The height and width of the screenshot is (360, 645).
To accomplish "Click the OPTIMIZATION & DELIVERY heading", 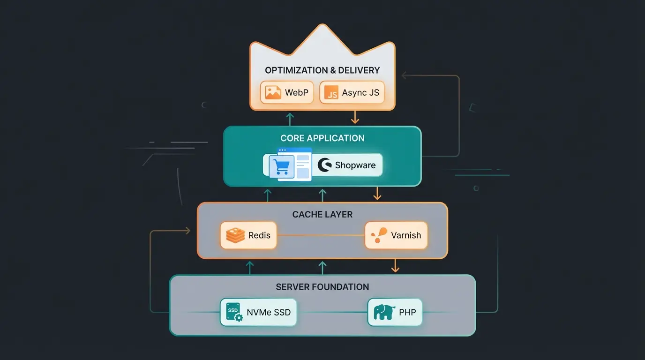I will pos(322,70).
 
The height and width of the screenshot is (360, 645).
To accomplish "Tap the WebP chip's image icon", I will pos(273,92).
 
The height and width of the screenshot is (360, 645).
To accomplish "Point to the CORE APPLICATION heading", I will pos(322,138).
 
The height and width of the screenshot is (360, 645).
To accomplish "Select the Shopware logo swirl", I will pos(324,165).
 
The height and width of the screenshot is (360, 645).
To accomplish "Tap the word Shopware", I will pos(355,165).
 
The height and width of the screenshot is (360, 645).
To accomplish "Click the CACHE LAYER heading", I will pos(322,215).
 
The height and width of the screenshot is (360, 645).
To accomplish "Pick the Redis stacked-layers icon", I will pos(235,235).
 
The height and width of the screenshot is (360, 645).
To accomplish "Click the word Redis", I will pos(259,235).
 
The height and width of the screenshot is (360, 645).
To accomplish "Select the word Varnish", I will pos(406,235).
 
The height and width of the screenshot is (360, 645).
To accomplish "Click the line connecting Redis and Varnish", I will pos(321,235).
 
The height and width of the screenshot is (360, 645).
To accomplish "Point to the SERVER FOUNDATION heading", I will pos(322,287).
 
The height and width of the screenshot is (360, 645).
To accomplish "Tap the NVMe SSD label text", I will pos(269,312).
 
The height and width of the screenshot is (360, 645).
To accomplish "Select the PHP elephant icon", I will pos(383,312).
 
